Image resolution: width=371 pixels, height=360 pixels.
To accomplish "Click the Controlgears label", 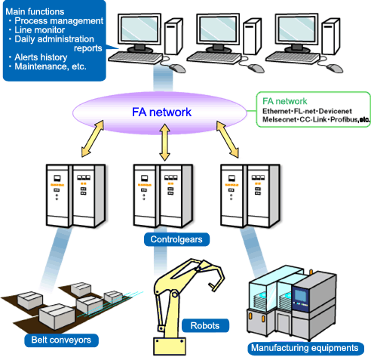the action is point(176,239).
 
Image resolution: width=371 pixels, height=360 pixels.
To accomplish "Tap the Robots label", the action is point(205,325).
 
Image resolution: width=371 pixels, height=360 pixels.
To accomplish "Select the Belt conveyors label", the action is point(61,340).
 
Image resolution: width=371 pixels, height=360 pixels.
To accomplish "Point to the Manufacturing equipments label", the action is point(305,348).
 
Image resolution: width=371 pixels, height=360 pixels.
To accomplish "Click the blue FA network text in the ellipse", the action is point(161,112).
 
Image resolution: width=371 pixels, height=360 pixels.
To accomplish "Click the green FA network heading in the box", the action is point(285,101).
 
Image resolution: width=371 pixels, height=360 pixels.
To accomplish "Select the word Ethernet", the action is point(276,111).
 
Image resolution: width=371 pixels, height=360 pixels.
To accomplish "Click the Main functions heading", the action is point(35,12).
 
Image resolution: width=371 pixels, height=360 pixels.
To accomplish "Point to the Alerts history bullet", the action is point(41,57).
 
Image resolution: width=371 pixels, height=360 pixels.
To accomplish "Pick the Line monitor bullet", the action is point(39,30).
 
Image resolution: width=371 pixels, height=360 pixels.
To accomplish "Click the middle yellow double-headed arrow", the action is point(165,143).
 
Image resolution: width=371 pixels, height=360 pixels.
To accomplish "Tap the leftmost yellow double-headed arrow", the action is point(93,139).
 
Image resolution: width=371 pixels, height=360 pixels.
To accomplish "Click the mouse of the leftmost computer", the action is point(177,68).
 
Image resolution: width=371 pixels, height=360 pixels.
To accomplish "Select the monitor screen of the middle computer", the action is point(218,29).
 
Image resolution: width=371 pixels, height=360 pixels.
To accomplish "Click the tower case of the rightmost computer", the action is point(331,36).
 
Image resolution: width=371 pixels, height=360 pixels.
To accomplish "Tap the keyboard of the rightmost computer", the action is point(293,57).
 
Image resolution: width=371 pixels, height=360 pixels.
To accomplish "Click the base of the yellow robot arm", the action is point(170,346).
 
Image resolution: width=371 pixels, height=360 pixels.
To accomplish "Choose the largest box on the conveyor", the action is point(57,316).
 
